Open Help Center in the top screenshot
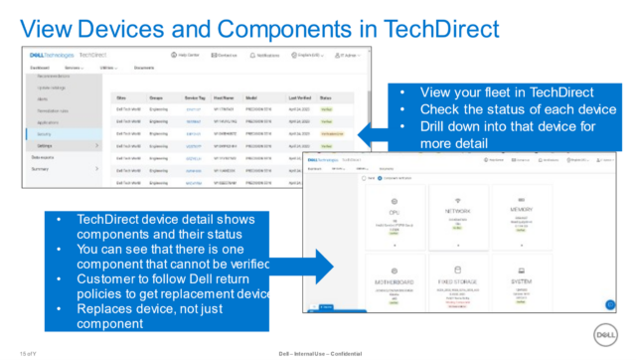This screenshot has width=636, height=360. (x=189, y=55)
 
